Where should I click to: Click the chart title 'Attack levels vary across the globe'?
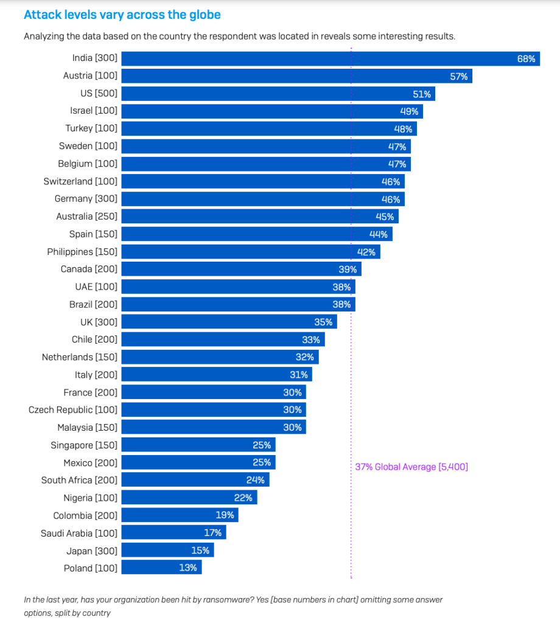point(122,14)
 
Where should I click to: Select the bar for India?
point(317,59)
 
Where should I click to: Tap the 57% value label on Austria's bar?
point(458,77)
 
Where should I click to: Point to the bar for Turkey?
point(256,129)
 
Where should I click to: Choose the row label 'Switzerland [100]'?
point(80,181)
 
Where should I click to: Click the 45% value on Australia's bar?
point(385,217)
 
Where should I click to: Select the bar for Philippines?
point(243,252)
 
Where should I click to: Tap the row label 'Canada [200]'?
point(89,269)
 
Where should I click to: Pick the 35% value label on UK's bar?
point(323,322)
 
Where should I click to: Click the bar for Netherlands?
point(213,357)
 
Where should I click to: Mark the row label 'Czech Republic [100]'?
point(73,409)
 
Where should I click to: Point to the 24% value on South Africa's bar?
point(256,480)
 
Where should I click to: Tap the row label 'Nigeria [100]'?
point(90,498)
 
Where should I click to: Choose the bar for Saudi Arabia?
point(170,533)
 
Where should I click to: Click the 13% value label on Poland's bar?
point(188,568)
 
